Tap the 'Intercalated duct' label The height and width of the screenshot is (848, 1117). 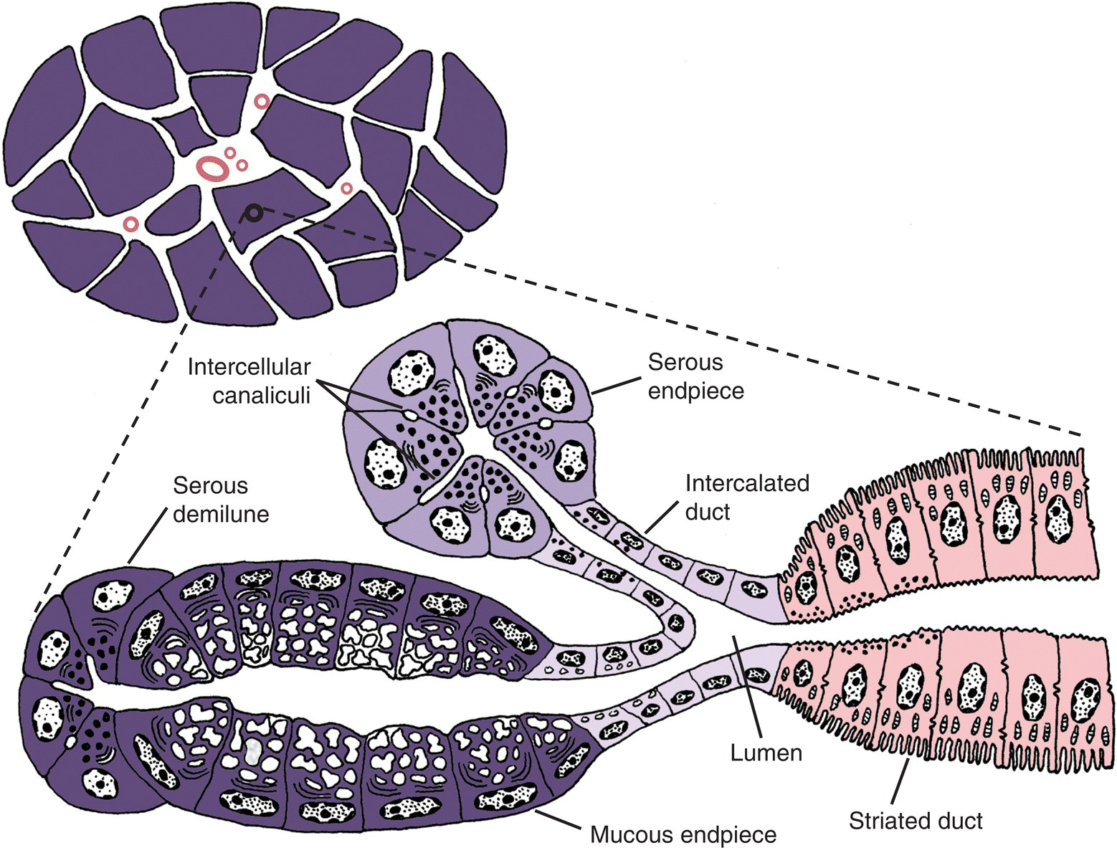746,497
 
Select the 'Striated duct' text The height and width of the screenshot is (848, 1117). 915,821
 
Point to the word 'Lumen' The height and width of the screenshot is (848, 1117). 766,753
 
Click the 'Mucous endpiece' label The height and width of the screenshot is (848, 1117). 683,835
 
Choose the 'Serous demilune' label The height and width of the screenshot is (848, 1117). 221,500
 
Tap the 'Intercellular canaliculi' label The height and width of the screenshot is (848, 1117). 249,381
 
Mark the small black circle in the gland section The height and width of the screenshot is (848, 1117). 252,211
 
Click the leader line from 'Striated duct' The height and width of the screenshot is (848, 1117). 900,782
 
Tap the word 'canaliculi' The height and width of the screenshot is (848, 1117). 261,394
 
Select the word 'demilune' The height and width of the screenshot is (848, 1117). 221,513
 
